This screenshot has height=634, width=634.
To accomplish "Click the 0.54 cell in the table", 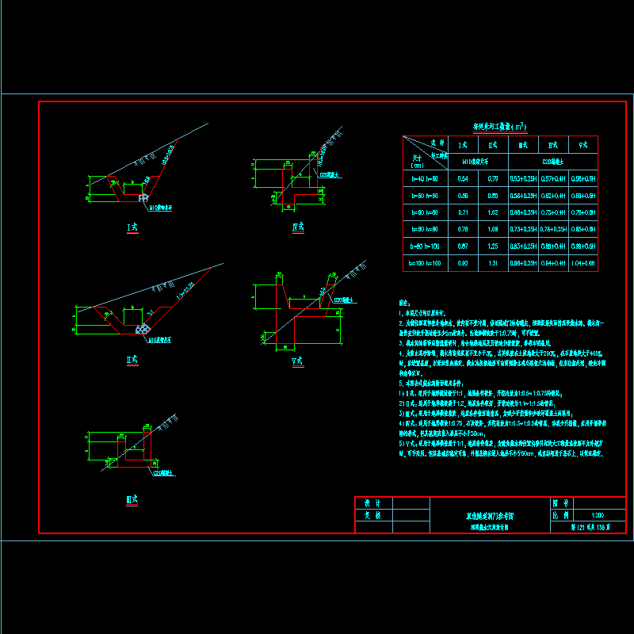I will click(463, 179).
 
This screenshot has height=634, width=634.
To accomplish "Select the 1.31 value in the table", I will click(493, 262).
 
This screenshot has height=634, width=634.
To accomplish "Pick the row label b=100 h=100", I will click(425, 262).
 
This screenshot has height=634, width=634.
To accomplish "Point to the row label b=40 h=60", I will click(425, 179).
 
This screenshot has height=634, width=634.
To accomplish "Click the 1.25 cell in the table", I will click(493, 246).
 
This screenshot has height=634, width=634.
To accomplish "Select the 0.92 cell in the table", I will click(463, 262).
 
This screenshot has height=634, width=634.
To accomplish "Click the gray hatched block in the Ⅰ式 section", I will click(143, 195).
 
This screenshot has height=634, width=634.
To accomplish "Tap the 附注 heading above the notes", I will click(407, 303).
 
